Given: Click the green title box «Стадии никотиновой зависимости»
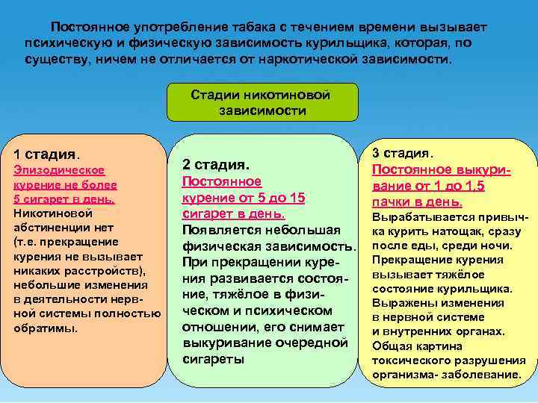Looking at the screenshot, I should coord(261,102).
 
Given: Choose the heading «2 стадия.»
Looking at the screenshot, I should coord(216,163).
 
